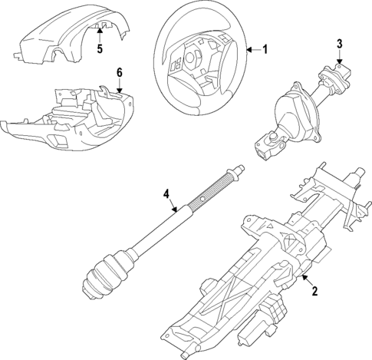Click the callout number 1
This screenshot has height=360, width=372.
pyautogui.click(x=265, y=51)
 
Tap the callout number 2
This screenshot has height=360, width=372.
pyautogui.click(x=313, y=291)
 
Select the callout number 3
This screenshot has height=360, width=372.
pyautogui.click(x=338, y=45)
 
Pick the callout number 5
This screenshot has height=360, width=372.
pyautogui.click(x=99, y=50)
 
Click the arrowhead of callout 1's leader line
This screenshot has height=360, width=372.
pyautogui.click(x=248, y=51)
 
